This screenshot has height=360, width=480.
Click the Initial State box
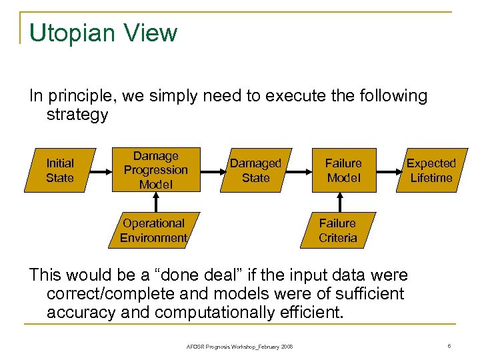60,170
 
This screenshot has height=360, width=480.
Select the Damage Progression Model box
155,170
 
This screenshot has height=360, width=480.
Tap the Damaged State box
256,170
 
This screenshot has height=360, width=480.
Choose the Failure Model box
343,170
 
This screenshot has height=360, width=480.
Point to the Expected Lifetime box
431,170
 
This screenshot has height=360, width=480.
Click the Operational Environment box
153,231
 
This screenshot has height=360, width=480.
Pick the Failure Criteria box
337,231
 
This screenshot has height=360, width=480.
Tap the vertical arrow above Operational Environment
155,203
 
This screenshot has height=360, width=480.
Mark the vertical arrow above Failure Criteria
343,203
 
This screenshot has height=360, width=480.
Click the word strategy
77,115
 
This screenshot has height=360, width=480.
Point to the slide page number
451,345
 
